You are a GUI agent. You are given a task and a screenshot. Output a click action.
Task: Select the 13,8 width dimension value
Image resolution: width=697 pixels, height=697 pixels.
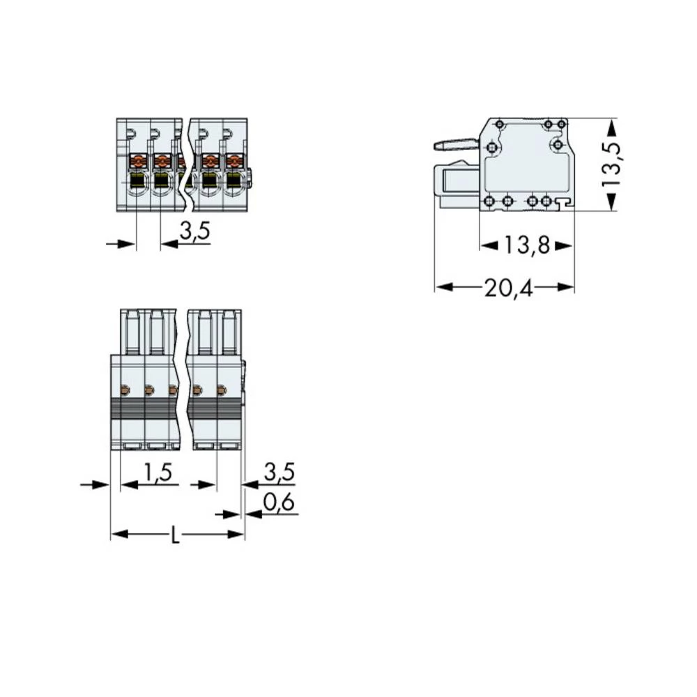[x=526, y=245]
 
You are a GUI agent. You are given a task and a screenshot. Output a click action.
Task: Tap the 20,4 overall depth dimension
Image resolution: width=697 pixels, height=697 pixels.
[x=508, y=286]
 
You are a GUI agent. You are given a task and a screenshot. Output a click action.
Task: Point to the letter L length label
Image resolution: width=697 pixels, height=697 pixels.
[x=176, y=536]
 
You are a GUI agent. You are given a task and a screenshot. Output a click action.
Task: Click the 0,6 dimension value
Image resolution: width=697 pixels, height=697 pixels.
[x=279, y=503]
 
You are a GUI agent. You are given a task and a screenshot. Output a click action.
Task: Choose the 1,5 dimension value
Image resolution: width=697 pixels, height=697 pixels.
[x=157, y=473]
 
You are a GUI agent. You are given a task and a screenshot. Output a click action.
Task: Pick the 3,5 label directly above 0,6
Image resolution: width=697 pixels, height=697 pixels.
[x=279, y=473]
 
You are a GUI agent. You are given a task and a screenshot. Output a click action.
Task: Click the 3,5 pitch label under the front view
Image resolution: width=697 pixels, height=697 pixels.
[x=194, y=233]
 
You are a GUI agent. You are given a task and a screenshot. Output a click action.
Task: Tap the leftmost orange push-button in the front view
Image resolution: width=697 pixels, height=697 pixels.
[x=137, y=162]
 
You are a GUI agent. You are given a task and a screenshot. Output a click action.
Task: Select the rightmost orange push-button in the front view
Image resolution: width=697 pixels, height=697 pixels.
[x=233, y=162]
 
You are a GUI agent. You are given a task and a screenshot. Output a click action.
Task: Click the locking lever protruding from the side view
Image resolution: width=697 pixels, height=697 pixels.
[x=455, y=145]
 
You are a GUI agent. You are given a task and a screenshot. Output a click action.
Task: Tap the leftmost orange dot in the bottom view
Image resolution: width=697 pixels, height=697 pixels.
[x=126, y=390]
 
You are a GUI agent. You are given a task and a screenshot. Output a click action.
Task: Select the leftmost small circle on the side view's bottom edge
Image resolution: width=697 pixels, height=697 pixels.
[x=489, y=201]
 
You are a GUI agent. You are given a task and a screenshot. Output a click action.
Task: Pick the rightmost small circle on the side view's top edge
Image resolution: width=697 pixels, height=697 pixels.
[x=561, y=124]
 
